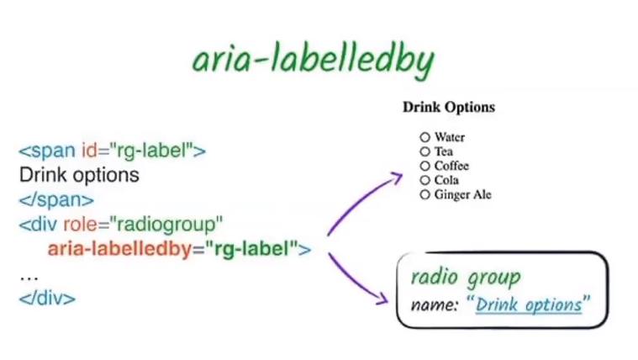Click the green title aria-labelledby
[314, 61]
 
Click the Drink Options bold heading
[449, 107]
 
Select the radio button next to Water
[424, 137]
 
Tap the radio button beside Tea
[424, 151]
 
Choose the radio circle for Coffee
[424, 166]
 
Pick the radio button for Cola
[424, 180]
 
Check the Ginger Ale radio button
[424, 194]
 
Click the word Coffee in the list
[451, 166]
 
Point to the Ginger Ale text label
[462, 194]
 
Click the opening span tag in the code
[113, 151]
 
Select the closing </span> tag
[56, 200]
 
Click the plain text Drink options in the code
[79, 175]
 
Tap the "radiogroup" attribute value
[166, 225]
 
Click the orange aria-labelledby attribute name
[119, 249]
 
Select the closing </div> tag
[47, 298]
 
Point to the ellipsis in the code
[29, 279]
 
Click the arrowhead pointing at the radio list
[397, 177]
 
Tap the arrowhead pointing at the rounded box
[382, 299]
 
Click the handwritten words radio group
[466, 278]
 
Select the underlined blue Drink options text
[529, 304]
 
